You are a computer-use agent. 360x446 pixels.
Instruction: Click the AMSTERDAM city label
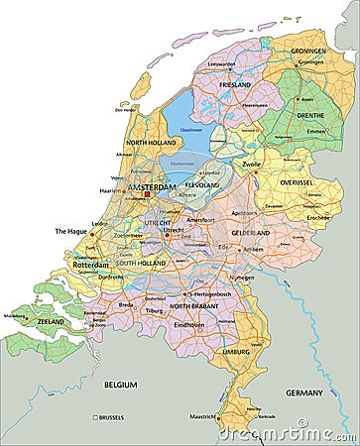151,186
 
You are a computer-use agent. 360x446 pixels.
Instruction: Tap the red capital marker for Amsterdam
148,194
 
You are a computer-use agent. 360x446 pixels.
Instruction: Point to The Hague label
71,231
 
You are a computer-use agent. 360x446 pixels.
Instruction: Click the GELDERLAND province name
250,233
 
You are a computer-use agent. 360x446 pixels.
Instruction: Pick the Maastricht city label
202,414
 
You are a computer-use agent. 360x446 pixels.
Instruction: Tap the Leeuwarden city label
222,62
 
